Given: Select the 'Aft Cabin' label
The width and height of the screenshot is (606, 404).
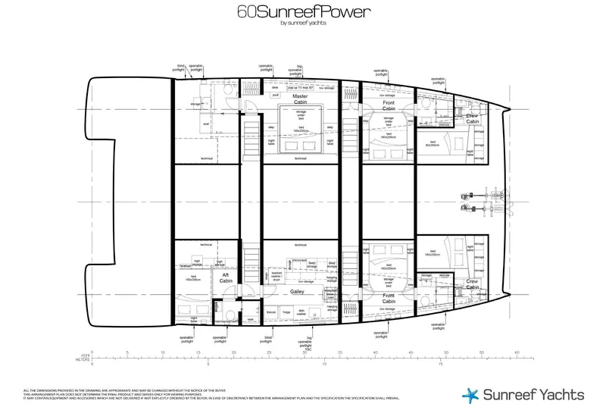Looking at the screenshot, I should [x=226, y=277].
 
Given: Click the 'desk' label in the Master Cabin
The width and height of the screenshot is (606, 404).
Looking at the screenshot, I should [x=275, y=87].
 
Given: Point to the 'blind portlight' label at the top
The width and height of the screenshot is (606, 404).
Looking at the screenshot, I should [x=181, y=68].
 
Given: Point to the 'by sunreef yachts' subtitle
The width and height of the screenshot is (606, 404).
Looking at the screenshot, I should [x=302, y=23].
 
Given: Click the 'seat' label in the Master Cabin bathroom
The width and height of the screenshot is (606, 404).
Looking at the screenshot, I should [x=205, y=124].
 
